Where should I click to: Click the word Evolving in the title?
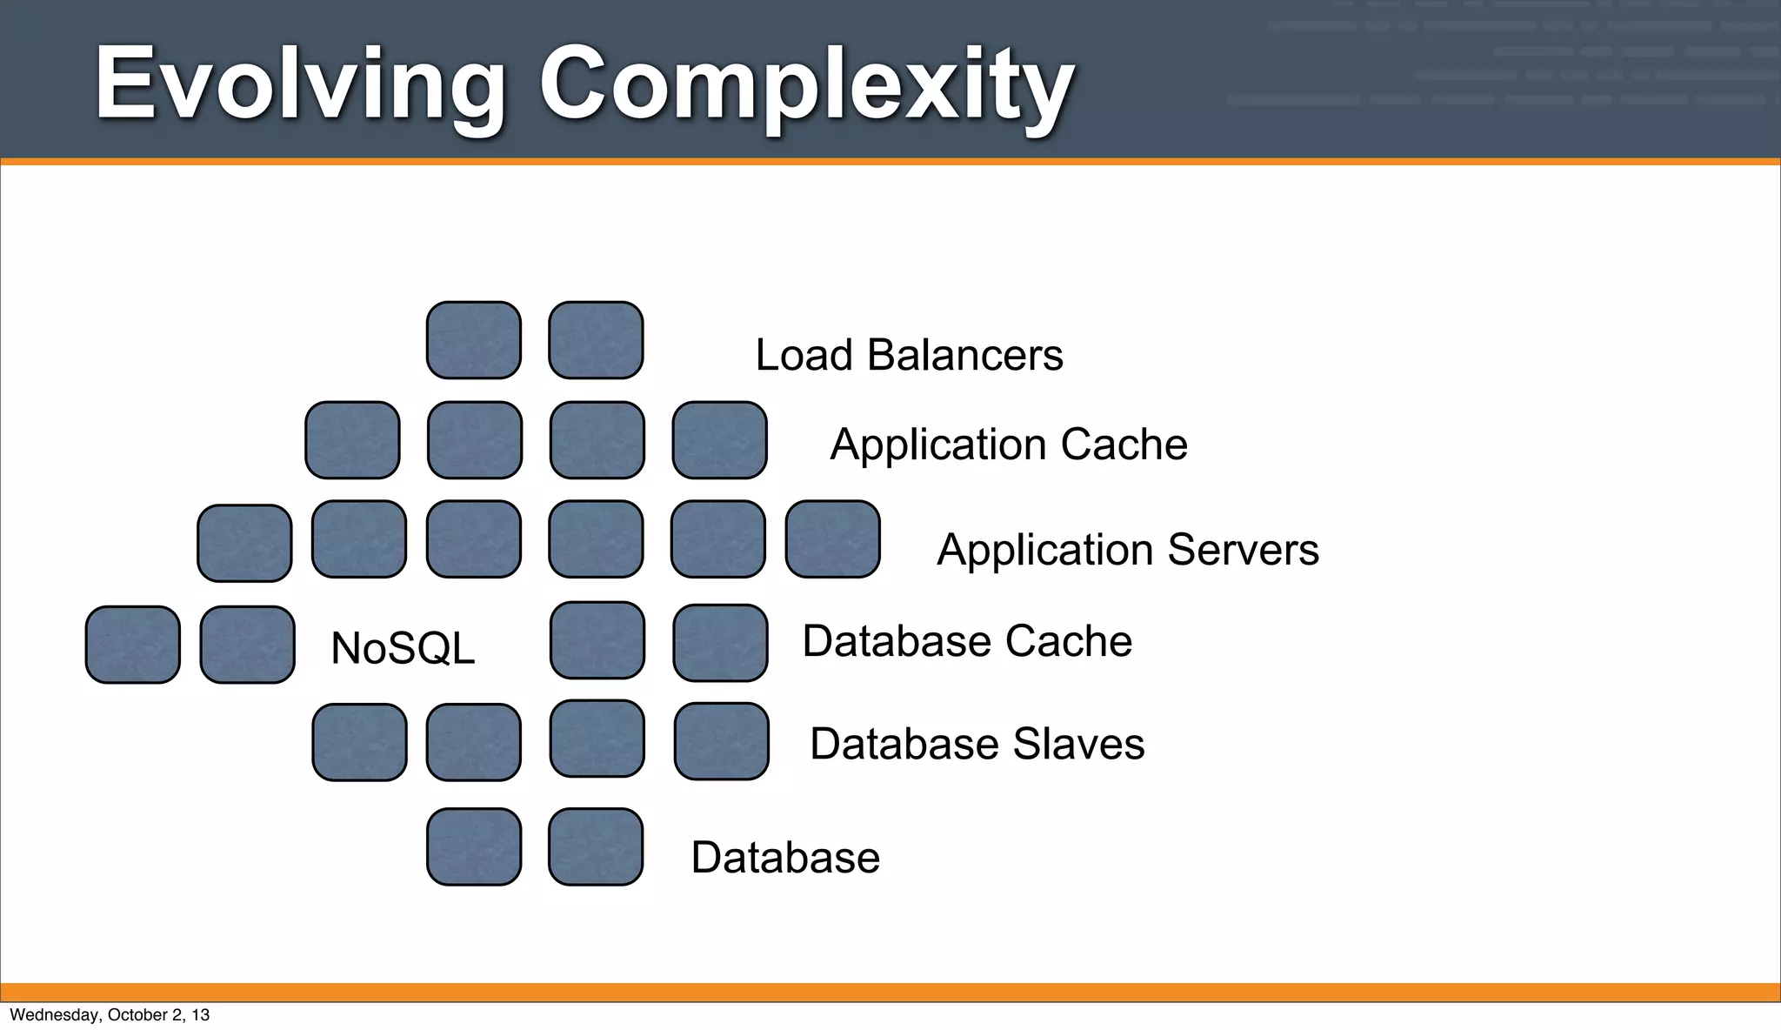(300, 85)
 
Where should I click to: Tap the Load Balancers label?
(909, 355)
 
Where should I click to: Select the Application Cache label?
(1009, 445)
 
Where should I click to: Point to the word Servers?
(1243, 550)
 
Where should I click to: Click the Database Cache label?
(967, 642)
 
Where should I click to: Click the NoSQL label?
(403, 649)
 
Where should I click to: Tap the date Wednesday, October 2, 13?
(110, 1015)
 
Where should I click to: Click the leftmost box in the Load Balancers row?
(474, 340)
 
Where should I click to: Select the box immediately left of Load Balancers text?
(596, 340)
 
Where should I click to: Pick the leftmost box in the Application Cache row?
(352, 440)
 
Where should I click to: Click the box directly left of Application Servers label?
(832, 539)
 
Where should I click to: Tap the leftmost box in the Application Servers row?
(244, 544)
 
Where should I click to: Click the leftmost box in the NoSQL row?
(133, 645)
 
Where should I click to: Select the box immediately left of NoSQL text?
(247, 645)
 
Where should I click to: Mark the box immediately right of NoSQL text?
(597, 640)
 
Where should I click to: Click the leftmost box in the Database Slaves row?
(359, 743)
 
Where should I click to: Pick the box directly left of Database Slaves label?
(721, 741)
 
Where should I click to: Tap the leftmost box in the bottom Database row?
(474, 847)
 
